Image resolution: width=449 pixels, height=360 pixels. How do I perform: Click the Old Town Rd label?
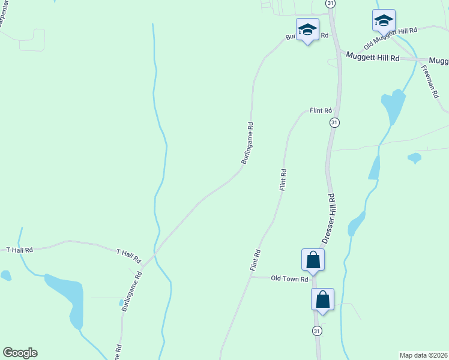point(289,278)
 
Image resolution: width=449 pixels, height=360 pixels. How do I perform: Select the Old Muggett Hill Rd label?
point(390,38)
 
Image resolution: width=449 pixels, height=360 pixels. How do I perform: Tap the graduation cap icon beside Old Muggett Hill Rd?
point(384,20)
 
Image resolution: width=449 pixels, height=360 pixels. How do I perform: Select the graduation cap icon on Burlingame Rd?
point(307,29)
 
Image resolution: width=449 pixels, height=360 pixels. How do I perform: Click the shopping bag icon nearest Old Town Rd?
point(313,260)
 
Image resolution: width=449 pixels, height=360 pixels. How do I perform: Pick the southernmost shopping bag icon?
point(322,299)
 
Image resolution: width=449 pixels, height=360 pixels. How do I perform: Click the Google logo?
point(20,353)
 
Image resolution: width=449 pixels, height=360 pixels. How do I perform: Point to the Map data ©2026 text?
point(423,355)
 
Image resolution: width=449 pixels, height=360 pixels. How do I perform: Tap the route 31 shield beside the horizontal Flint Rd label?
point(334,122)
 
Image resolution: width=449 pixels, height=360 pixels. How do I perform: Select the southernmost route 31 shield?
point(316,331)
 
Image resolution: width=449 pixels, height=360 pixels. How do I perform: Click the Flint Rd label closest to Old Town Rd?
point(256,260)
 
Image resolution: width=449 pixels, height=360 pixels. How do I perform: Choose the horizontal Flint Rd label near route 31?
point(321,111)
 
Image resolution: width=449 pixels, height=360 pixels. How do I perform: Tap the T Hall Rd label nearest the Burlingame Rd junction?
point(128,256)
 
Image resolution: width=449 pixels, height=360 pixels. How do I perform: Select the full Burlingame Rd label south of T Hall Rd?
point(132,291)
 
